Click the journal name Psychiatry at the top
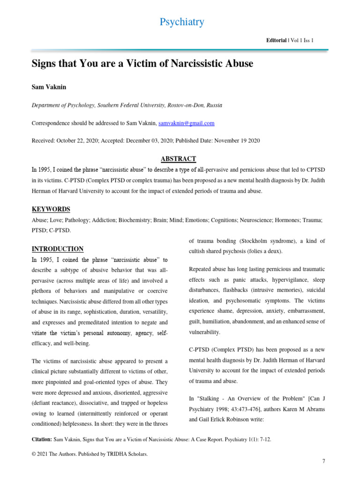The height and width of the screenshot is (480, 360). pyautogui.click(x=182, y=22)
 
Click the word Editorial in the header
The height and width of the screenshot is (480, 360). pyautogui.click(x=276, y=41)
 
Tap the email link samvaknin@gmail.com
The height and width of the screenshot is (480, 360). pyautogui.click(x=187, y=123)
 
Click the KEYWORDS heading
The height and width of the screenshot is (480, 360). pyautogui.click(x=51, y=209)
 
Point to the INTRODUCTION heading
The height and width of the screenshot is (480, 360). pyautogui.click(x=57, y=249)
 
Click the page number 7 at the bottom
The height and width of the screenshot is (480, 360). pyautogui.click(x=323, y=462)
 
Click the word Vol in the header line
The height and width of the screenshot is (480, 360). pyautogui.click(x=295, y=41)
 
